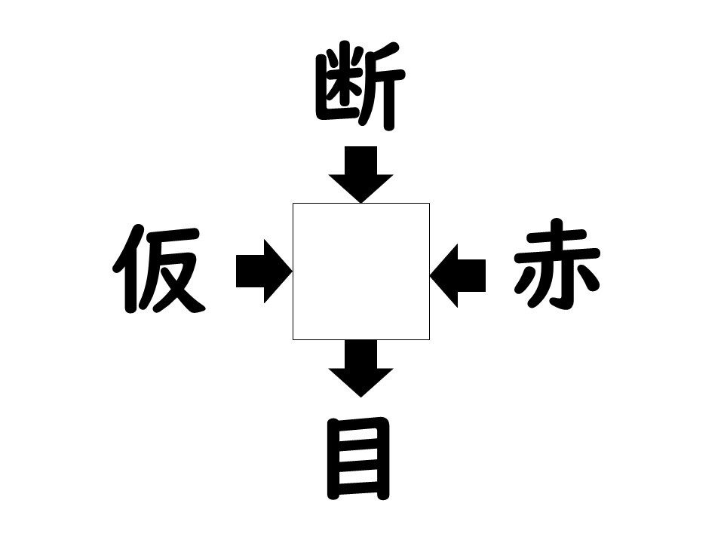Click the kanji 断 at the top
(x=360, y=86)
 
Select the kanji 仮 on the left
(x=159, y=268)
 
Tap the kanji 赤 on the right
(x=557, y=264)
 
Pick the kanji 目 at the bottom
(x=359, y=459)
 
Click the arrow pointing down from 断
(x=360, y=174)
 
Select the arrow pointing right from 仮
(x=264, y=271)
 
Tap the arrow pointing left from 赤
(x=458, y=276)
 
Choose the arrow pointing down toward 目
(x=360, y=369)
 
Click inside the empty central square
(x=361, y=271)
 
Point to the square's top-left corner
(x=293, y=203)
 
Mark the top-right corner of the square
(x=430, y=203)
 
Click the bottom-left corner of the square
(x=293, y=340)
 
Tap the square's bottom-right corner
(x=430, y=340)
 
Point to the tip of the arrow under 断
(x=360, y=203)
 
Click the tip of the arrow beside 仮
(x=293, y=271)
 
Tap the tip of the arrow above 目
(x=360, y=397)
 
